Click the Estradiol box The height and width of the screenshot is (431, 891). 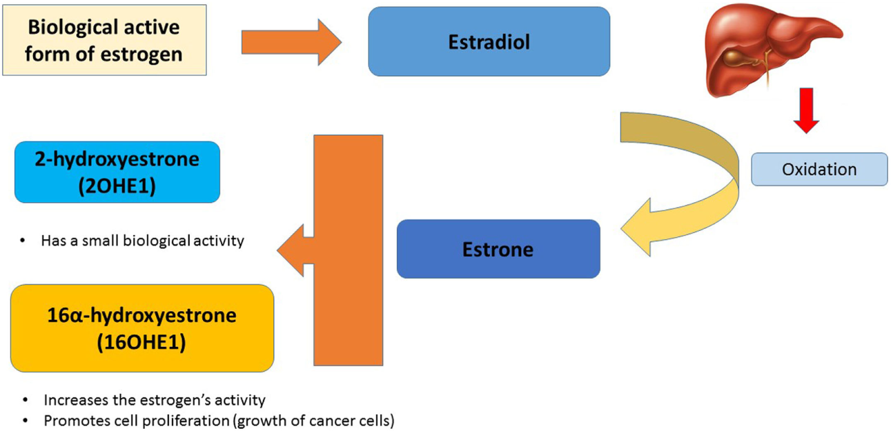[x=489, y=41]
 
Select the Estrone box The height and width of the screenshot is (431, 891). [x=498, y=249]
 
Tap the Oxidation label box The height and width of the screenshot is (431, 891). [x=819, y=170]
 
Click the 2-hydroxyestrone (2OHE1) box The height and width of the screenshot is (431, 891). [x=117, y=172]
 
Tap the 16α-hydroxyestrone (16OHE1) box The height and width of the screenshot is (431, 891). [x=142, y=328]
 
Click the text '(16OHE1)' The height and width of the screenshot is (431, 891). [x=142, y=342]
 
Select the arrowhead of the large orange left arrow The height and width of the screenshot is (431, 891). [x=293, y=248]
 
